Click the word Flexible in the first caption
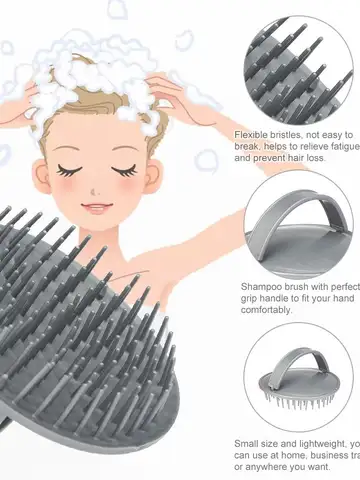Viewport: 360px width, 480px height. pyautogui.click(x=252, y=133)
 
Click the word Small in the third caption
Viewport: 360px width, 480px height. pyautogui.click(x=247, y=442)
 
